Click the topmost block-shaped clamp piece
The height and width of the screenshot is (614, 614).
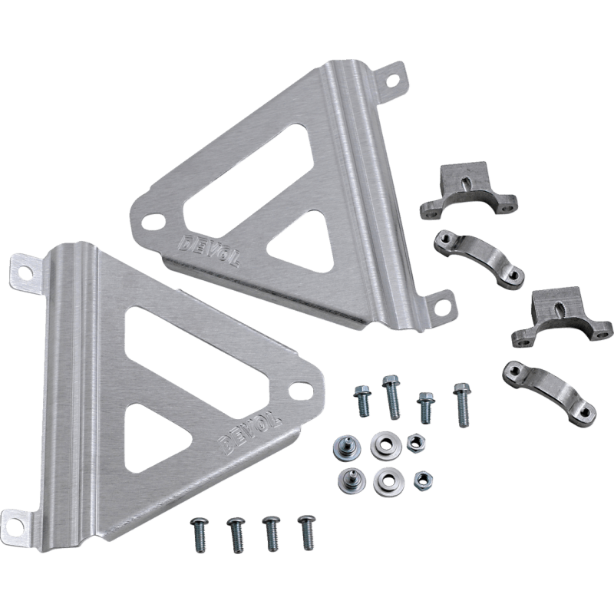click(468, 192)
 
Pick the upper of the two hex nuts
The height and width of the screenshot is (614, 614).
click(415, 442)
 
